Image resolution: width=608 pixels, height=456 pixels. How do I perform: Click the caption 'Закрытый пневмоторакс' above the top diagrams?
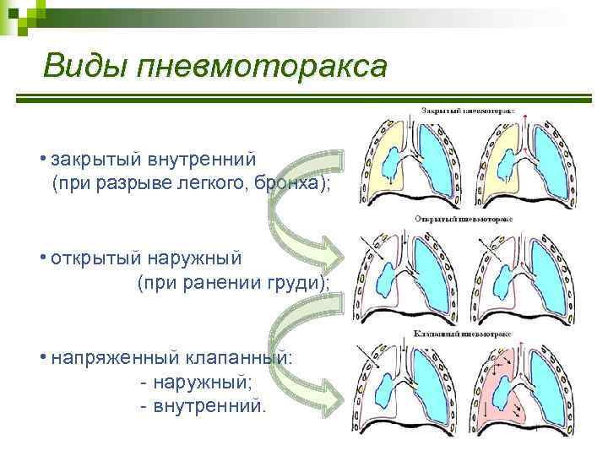coord(468,111)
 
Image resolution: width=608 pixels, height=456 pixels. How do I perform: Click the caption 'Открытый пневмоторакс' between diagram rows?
coord(464,218)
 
